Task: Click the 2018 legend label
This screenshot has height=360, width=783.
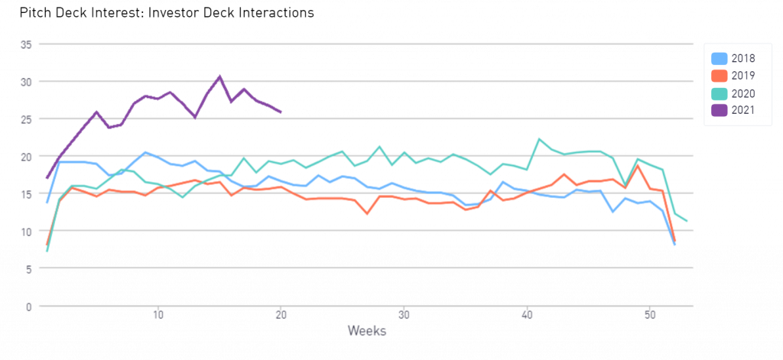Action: point(743,58)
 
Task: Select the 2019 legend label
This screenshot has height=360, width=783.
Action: point(743,76)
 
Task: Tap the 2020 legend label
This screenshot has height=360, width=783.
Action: point(743,93)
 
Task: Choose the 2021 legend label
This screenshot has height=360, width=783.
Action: point(743,111)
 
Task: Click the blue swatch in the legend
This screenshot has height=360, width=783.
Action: point(719,58)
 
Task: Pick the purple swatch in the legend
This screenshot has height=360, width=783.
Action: point(719,111)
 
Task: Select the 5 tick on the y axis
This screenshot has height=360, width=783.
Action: point(28,269)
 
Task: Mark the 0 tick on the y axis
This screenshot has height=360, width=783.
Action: point(28,306)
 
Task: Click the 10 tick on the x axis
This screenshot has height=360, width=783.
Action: point(158,315)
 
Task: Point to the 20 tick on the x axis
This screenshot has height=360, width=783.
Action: point(281,315)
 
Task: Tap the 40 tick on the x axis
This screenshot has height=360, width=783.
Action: point(527,315)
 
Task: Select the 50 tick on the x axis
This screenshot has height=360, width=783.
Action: point(650,315)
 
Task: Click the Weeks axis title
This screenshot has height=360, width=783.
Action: point(367,331)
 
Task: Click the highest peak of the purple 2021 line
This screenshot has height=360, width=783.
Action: point(220,76)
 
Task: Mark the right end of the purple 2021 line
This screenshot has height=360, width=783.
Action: point(281,112)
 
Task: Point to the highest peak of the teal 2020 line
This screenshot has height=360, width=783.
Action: point(539,138)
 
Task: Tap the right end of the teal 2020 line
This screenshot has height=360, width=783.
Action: point(687,221)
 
